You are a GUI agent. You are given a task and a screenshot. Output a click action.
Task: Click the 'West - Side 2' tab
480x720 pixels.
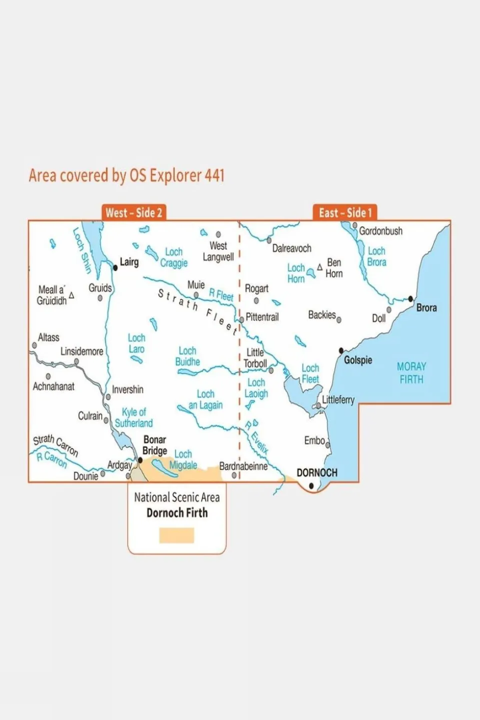coord(134,213)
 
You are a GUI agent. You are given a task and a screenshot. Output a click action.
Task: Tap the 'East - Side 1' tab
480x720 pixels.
coord(345,213)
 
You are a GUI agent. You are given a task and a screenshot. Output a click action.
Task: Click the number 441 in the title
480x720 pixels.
coord(214,176)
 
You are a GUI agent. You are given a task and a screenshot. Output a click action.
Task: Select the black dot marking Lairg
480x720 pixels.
coord(115,268)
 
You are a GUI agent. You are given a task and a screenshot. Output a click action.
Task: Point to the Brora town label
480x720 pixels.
coord(426,308)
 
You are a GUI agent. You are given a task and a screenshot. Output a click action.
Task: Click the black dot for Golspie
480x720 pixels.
coord(341,351)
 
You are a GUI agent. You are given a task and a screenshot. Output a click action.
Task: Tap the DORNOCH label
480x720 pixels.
coord(317,473)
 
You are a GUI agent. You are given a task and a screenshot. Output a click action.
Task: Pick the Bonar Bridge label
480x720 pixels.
coord(154,445)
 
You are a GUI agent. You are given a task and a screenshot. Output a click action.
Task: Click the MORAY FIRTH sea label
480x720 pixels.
coord(411,373)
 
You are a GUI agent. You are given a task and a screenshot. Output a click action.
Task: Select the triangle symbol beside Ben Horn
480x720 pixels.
coord(320,267)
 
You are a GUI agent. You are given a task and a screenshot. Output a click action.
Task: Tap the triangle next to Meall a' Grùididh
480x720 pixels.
coord(72,296)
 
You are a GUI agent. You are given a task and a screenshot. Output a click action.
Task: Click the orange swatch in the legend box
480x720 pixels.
coord(177,535)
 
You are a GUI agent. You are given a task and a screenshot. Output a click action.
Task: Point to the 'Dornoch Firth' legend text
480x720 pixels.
coord(177,513)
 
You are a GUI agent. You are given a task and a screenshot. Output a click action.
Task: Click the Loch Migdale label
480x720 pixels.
coord(183,459)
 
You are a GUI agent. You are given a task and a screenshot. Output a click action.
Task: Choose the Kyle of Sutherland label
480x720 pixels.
coord(134,417)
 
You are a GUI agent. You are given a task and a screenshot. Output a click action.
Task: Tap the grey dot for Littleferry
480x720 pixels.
coord(318,406)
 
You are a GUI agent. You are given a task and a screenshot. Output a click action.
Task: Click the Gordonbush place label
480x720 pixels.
coord(380,231)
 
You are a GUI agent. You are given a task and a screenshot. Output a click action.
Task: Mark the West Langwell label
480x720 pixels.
coord(218,251)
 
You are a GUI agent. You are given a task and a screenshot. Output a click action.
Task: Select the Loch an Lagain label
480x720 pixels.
coord(205,399)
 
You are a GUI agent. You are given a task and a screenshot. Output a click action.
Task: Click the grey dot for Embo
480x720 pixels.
coord(328,444)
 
